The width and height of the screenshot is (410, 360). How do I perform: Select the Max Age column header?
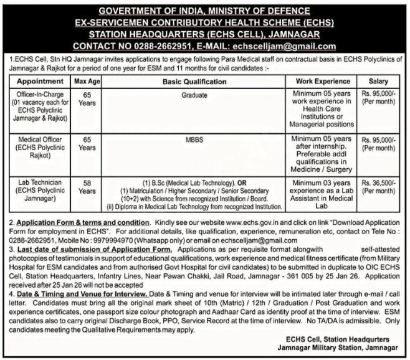click(x=87, y=82)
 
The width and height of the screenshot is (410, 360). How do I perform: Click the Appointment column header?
click(x=41, y=82)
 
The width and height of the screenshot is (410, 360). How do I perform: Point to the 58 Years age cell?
click(x=87, y=187)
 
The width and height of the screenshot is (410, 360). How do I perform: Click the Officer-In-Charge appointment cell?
click(x=41, y=106)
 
